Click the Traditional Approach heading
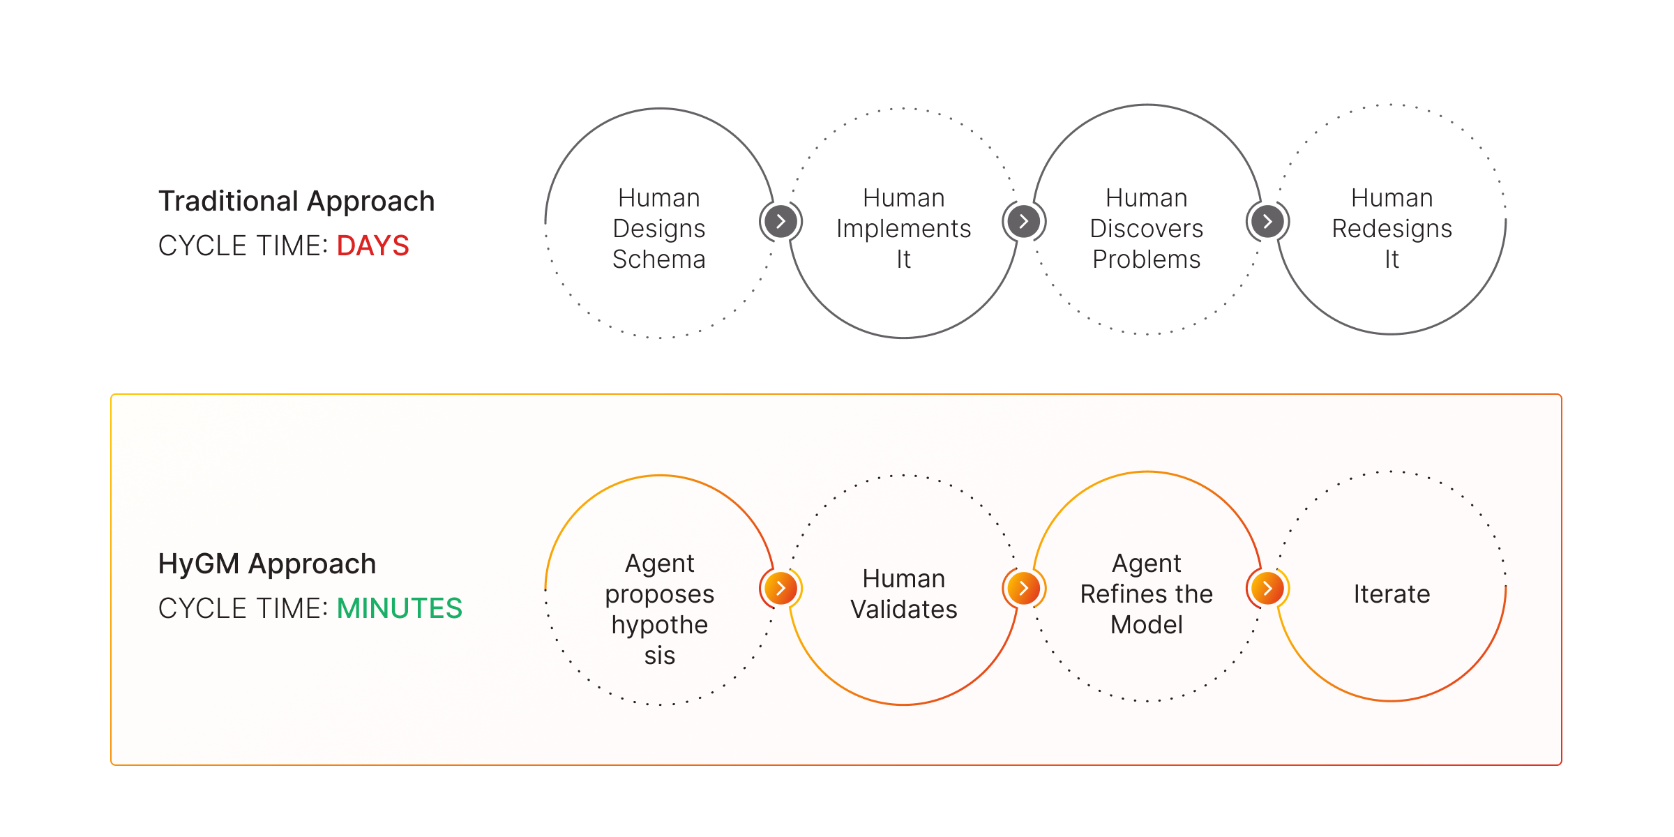pyautogui.click(x=296, y=202)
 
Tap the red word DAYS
pyautogui.click(x=372, y=246)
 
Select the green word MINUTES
pyautogui.click(x=399, y=609)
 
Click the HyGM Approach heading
pyautogui.click(x=267, y=564)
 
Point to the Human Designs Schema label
pyautogui.click(x=659, y=229)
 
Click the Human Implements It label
pyautogui.click(x=903, y=229)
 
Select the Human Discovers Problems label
pyautogui.click(x=1147, y=229)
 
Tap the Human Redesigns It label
pyautogui.click(x=1392, y=229)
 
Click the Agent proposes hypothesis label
pyautogui.click(x=659, y=609)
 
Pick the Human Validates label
pyautogui.click(x=903, y=594)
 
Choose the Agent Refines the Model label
pyautogui.click(x=1147, y=594)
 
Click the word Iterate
pyautogui.click(x=1392, y=594)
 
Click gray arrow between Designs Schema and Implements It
pyautogui.click(x=781, y=222)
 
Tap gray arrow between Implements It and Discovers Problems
pyautogui.click(x=1024, y=222)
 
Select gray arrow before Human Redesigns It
pyautogui.click(x=1267, y=222)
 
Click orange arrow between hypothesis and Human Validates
pyautogui.click(x=781, y=589)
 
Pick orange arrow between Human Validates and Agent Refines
pyautogui.click(x=1024, y=589)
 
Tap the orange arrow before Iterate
pyautogui.click(x=1267, y=589)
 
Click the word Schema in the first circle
pyautogui.click(x=659, y=259)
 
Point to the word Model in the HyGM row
pyautogui.click(x=1147, y=625)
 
